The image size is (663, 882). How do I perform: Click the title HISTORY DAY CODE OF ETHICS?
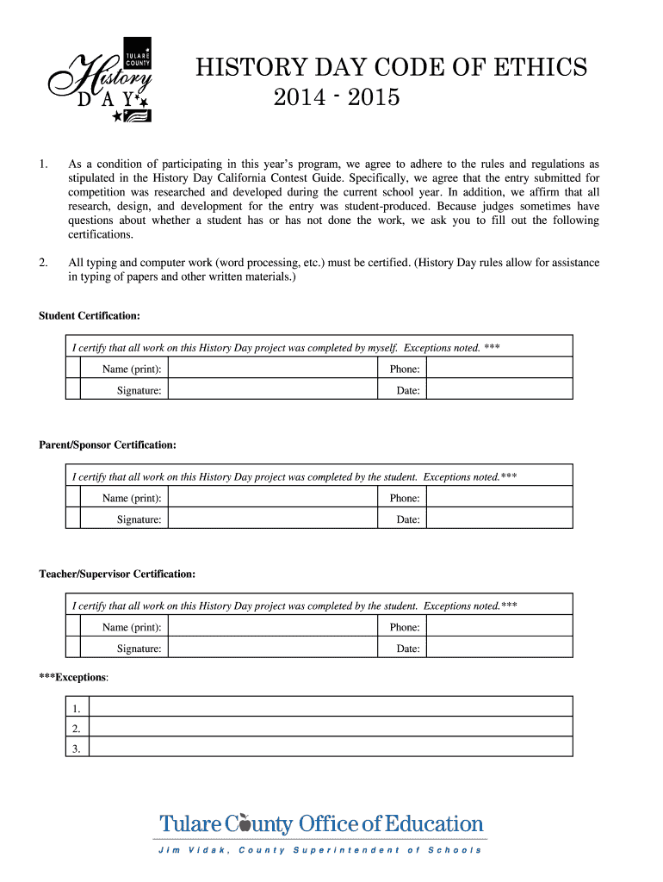pyautogui.click(x=392, y=67)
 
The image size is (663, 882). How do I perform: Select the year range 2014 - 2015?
pyautogui.click(x=337, y=97)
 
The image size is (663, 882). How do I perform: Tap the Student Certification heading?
pyautogui.click(x=90, y=316)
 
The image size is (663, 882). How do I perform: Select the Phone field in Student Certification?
pyautogui.click(x=499, y=369)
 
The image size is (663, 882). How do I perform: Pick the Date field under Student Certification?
pyautogui.click(x=499, y=390)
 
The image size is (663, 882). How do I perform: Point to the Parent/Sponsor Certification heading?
pyautogui.click(x=108, y=445)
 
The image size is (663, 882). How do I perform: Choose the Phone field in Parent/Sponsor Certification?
pyautogui.click(x=499, y=498)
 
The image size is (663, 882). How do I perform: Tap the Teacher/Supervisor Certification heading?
pyautogui.click(x=117, y=574)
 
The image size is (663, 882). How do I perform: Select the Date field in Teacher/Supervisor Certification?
pyautogui.click(x=499, y=649)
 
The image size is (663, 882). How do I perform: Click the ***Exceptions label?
pyautogui.click(x=74, y=678)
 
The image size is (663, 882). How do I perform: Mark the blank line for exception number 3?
pyautogui.click(x=331, y=748)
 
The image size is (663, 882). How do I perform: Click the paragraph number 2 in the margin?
pyautogui.click(x=43, y=262)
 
